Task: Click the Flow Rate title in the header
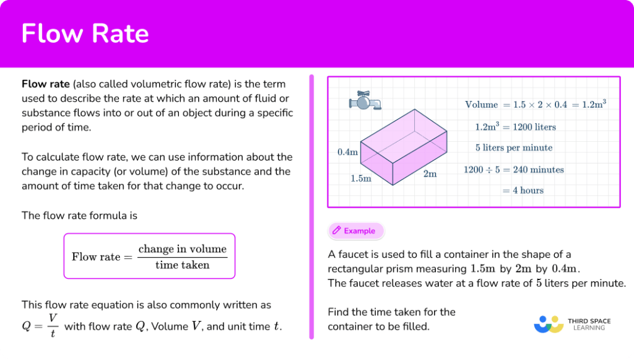pyautogui.click(x=85, y=33)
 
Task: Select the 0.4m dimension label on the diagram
pyautogui.click(x=347, y=152)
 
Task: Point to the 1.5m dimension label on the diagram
pyautogui.click(x=360, y=178)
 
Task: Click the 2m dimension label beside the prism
pyautogui.click(x=430, y=174)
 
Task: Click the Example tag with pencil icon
pyautogui.click(x=355, y=230)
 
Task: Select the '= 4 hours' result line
pyautogui.click(x=523, y=190)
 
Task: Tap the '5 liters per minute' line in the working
pyautogui.click(x=514, y=148)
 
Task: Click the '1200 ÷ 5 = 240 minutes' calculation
pyautogui.click(x=514, y=169)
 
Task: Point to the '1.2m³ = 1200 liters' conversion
pyautogui.click(x=515, y=127)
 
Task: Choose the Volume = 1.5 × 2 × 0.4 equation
pyautogui.click(x=535, y=105)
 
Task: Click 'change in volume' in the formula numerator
pyautogui.click(x=182, y=249)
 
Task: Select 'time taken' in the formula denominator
pyautogui.click(x=182, y=265)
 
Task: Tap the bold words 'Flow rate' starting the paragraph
pyautogui.click(x=45, y=84)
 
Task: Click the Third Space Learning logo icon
pyautogui.click(x=548, y=325)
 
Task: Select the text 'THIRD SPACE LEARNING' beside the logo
pyautogui.click(x=589, y=324)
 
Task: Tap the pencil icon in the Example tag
pyautogui.click(x=337, y=230)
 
